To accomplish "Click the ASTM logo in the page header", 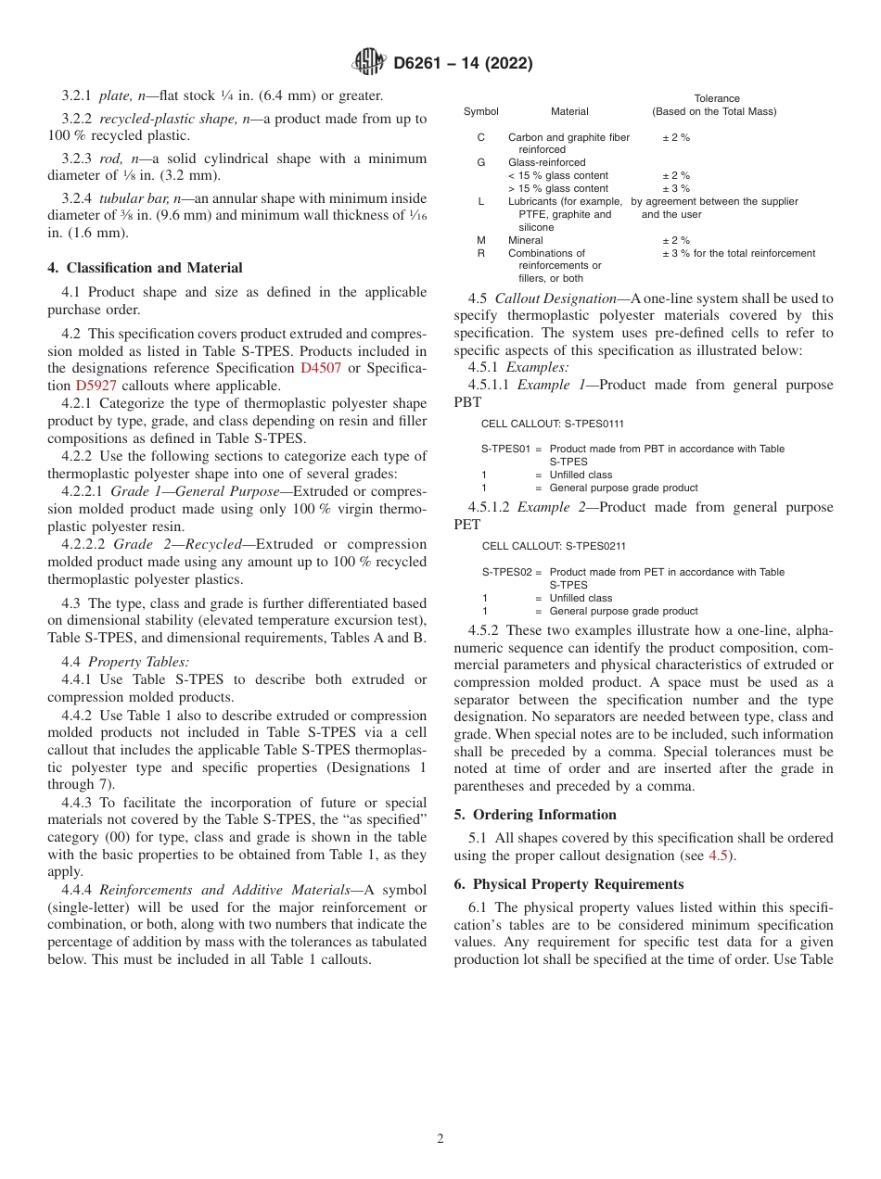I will pyautogui.click(x=368, y=63).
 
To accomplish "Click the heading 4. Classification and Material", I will pyautogui.click(x=145, y=268).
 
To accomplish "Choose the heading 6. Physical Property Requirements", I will pyautogui.click(x=568, y=884).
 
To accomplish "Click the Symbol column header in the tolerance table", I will pyautogui.click(x=480, y=112).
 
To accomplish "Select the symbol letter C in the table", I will pyautogui.click(x=480, y=137).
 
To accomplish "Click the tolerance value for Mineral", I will pyautogui.click(x=675, y=240).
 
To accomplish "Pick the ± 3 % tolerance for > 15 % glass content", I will pyautogui.click(x=675, y=188).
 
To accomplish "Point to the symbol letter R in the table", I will pyautogui.click(x=480, y=253).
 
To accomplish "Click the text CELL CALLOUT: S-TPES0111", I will pyautogui.click(x=552, y=424).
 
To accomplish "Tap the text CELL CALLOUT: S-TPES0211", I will pyautogui.click(x=552, y=547).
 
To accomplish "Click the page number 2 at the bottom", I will pyautogui.click(x=440, y=1139).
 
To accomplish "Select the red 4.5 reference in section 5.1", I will pyautogui.click(x=718, y=856).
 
